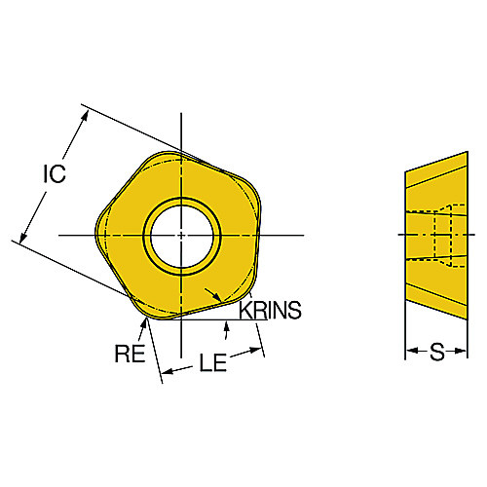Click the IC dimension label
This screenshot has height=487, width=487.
(55, 173)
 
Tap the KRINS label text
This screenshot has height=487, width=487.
(270, 310)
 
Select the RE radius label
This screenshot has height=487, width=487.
(130, 354)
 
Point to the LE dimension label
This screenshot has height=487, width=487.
(212, 362)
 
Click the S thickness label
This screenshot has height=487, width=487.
(436, 352)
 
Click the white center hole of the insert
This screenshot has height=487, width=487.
(181, 237)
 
